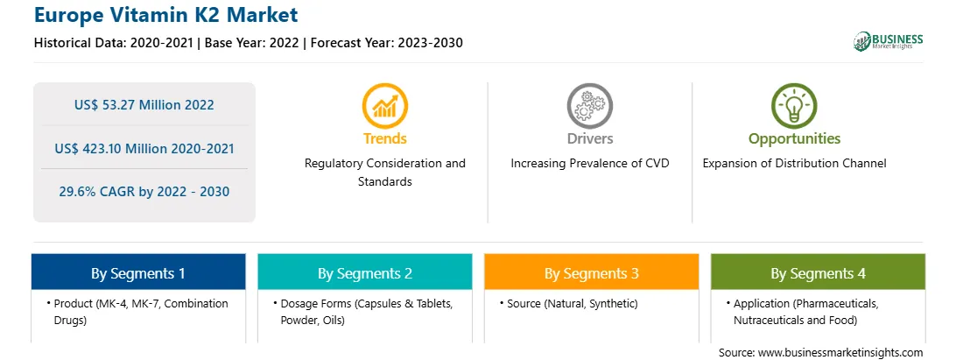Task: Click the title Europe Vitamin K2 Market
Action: tap(165, 14)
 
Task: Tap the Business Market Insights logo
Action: tap(889, 41)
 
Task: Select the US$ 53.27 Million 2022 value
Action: tap(144, 104)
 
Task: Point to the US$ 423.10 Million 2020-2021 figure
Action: tap(144, 148)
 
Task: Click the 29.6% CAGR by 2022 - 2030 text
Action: tap(144, 191)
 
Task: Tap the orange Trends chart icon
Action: tap(384, 106)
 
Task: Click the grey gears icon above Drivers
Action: tap(589, 106)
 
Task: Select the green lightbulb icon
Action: tap(794, 106)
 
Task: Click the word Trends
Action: tap(384, 138)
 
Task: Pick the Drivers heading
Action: tap(589, 138)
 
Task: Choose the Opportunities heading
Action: tap(794, 139)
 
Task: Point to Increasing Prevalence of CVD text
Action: tap(589, 164)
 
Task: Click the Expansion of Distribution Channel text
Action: tap(794, 164)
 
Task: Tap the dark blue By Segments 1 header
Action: tap(138, 272)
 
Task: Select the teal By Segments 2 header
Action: tap(364, 272)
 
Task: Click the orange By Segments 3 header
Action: tap(592, 272)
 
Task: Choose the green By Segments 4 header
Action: tap(819, 272)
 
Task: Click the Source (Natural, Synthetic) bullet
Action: tap(568, 303)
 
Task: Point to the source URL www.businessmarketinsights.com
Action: tap(840, 352)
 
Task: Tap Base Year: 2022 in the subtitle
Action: tap(251, 43)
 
